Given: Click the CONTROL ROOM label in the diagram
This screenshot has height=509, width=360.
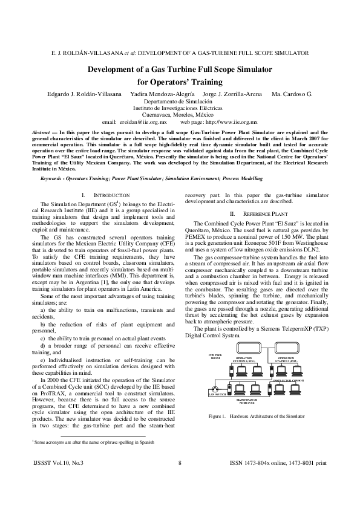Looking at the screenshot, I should tap(215, 357).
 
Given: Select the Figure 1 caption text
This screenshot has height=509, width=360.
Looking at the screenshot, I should tap(256, 417).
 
